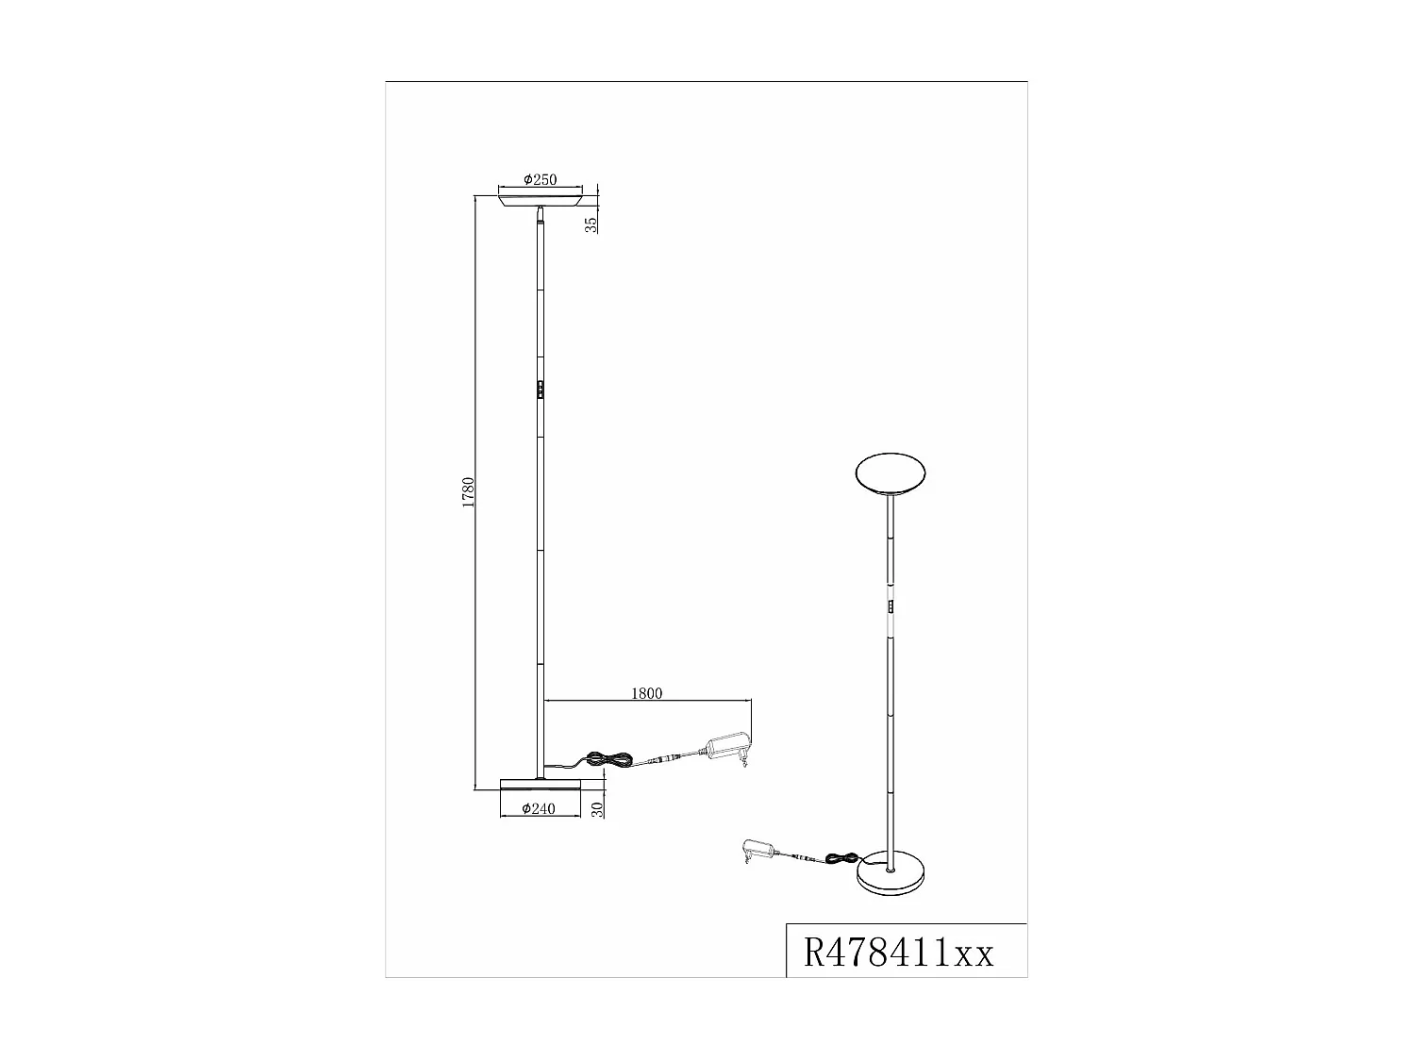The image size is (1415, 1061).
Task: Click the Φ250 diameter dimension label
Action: click(x=541, y=179)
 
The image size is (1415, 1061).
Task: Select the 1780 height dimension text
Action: click(x=468, y=493)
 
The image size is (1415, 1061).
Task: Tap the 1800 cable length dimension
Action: click(x=646, y=693)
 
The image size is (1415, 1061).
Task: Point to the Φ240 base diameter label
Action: click(x=539, y=808)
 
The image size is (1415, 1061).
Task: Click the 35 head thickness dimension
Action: click(x=591, y=224)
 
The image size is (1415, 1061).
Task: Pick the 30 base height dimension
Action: click(x=596, y=809)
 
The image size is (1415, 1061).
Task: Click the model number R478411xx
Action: click(x=898, y=953)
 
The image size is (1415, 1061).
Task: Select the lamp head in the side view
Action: click(x=540, y=200)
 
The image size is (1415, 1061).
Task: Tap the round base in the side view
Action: click(x=539, y=784)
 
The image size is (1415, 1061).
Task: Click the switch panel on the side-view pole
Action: click(x=540, y=390)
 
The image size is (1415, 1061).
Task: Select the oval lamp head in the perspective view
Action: click(x=891, y=474)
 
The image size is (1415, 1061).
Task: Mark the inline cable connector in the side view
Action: click(x=671, y=756)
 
